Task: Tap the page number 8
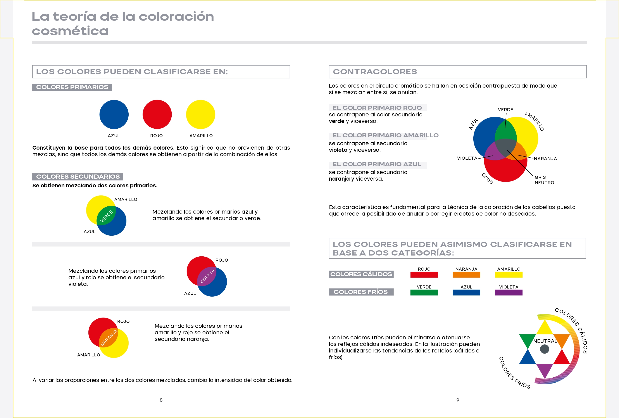[161, 400]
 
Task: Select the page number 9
[458, 400]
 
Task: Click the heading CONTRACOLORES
[375, 72]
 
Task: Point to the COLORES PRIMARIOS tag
[72, 87]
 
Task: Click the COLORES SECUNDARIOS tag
[78, 177]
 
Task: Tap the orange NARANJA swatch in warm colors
[466, 275]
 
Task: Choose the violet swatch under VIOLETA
[509, 292]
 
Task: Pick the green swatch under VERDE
[424, 292]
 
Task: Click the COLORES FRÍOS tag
[361, 292]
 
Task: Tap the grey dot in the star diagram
[544, 349]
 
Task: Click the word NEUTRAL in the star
[545, 341]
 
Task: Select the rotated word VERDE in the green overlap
[107, 216]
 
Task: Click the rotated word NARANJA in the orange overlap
[109, 338]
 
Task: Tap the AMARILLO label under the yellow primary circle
[201, 136]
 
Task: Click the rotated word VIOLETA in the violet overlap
[207, 276]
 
